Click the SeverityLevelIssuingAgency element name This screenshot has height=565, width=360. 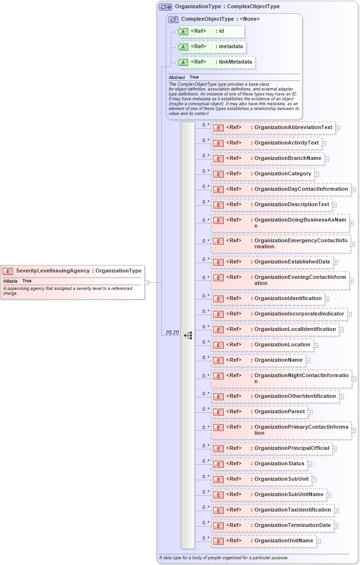pos(52,271)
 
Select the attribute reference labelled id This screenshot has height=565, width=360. pos(210,31)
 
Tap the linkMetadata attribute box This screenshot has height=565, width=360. pos(215,63)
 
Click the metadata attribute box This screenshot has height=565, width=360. pos(211,47)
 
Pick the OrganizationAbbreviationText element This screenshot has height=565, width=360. pos(273,128)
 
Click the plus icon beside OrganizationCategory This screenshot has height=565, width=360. pos(317,174)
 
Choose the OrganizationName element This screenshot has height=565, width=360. pos(258,360)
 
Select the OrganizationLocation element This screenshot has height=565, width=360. pos(262,344)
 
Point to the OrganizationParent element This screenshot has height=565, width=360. pos(259,411)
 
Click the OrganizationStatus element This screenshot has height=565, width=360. pos(259,463)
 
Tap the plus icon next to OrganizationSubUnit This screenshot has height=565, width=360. pos(314,479)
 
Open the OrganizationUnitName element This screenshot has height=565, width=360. pos(263,540)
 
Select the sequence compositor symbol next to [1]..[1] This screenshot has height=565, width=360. pos(188,335)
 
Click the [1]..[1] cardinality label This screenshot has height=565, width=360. pos(172,332)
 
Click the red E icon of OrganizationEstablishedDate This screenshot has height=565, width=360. pos(218,262)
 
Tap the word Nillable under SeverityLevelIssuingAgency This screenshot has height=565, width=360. pos(11,281)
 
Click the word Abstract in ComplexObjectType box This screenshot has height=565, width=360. pos(177,77)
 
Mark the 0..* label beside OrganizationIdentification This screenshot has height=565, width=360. pos(206,296)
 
